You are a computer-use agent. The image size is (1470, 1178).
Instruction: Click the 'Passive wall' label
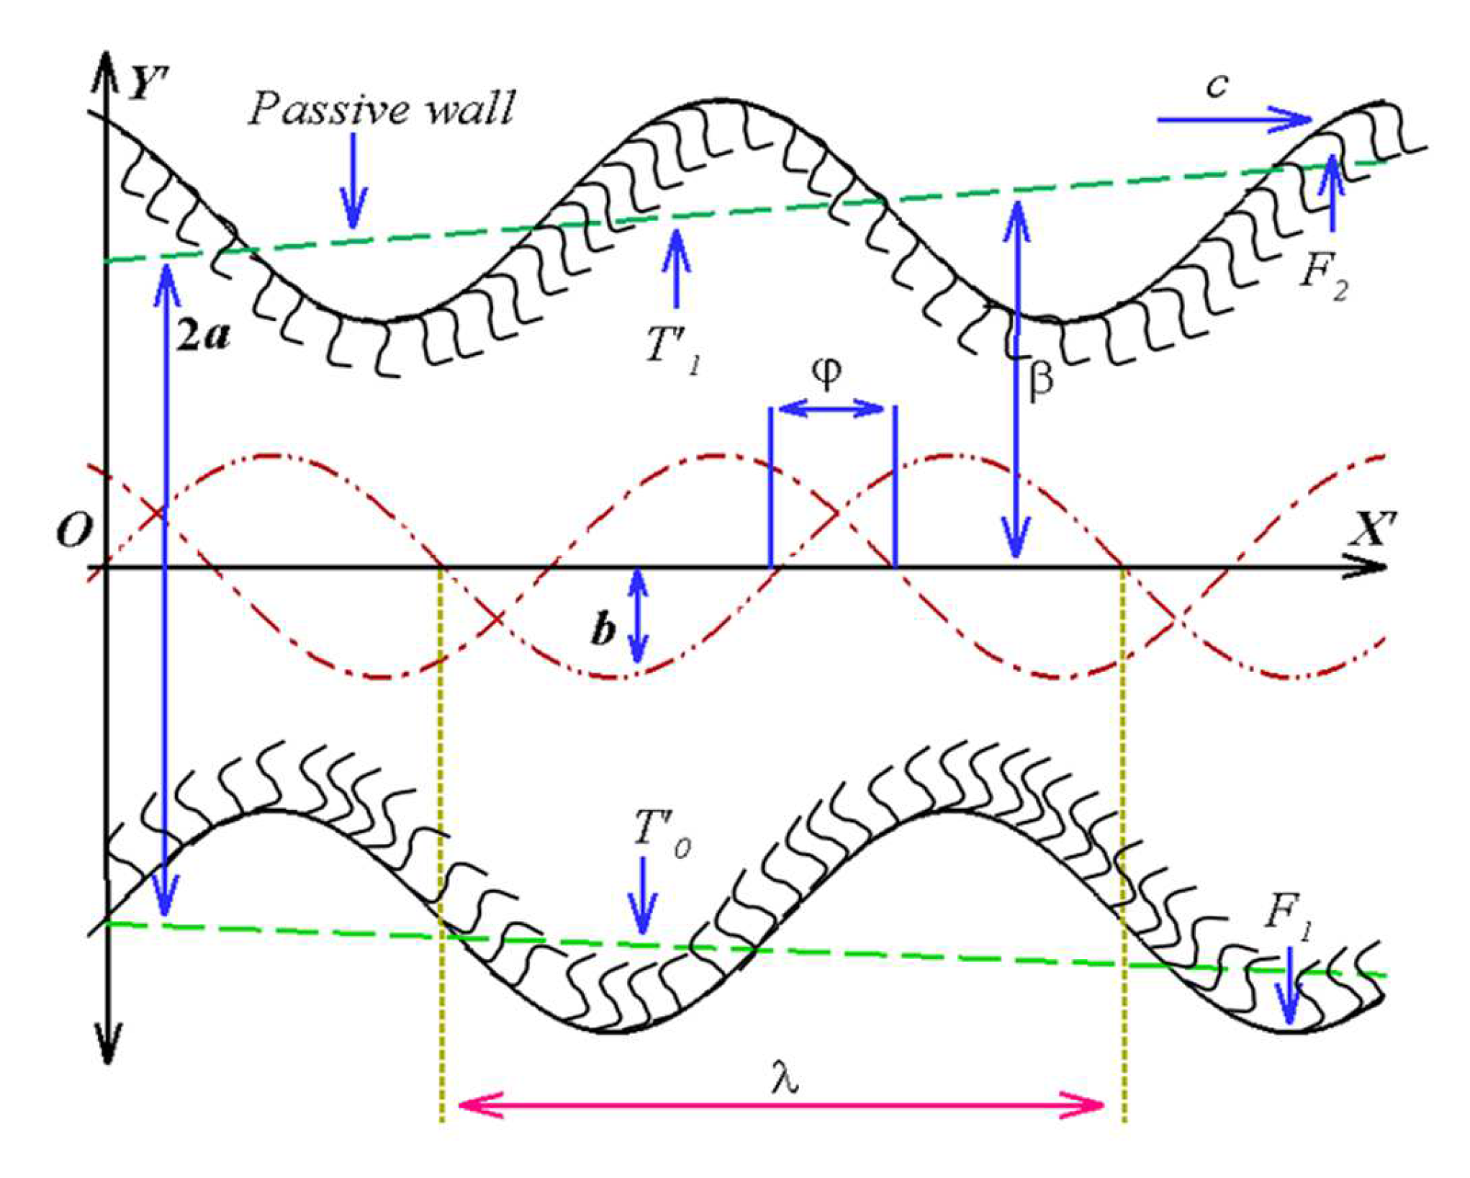382,109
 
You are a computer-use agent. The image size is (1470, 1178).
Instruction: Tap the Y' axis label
148,86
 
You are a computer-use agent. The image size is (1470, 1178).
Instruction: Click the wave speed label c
1217,86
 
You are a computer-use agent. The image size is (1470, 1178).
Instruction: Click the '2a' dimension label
203,336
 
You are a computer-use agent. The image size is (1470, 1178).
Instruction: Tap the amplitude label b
603,630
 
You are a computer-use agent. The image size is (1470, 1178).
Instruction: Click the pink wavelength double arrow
781,1105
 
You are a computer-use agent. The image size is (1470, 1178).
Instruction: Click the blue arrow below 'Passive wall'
353,180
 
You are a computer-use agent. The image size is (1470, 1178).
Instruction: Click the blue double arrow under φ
831,410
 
